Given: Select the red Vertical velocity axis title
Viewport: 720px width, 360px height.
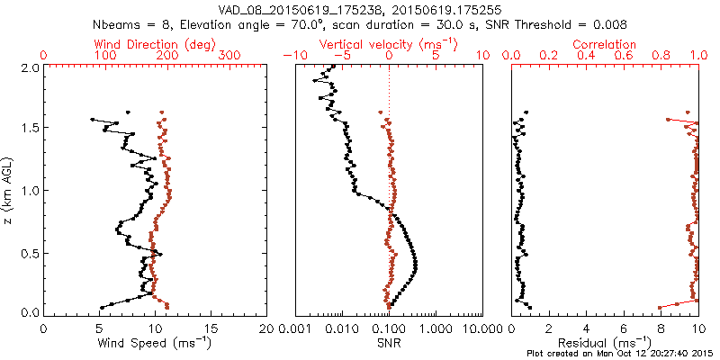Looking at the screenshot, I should [389, 44].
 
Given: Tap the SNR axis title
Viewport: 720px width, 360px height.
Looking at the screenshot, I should [389, 342].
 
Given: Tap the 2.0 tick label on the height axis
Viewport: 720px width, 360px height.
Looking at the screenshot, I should [30, 67].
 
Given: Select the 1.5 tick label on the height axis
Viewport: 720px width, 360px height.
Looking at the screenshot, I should [30, 129].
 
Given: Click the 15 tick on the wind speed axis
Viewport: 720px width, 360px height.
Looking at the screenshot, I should [211, 328].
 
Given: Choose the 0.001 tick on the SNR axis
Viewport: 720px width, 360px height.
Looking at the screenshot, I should [295, 328].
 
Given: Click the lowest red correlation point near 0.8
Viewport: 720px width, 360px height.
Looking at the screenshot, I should [660, 307].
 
